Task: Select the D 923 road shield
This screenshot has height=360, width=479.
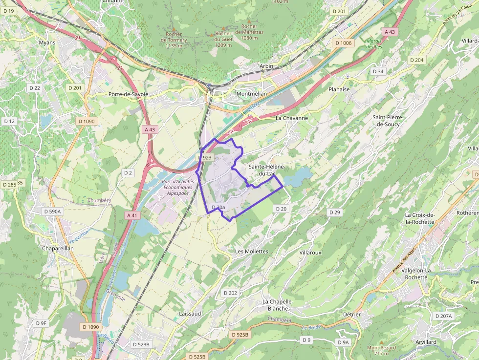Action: (206, 157)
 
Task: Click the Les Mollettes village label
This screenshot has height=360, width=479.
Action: (252, 251)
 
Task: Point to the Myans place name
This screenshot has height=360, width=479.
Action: (47, 42)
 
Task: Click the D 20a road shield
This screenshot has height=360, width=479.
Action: (218, 208)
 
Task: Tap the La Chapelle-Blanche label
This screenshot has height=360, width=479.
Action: (278, 305)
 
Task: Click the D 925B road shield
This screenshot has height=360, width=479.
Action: (239, 335)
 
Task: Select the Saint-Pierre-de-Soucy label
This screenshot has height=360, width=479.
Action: (386, 121)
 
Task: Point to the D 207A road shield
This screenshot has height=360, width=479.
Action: (443, 316)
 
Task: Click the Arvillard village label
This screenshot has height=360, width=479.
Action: (424, 342)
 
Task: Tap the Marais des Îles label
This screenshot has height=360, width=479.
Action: (374, 44)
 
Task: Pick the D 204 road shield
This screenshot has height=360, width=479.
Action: (416, 60)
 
